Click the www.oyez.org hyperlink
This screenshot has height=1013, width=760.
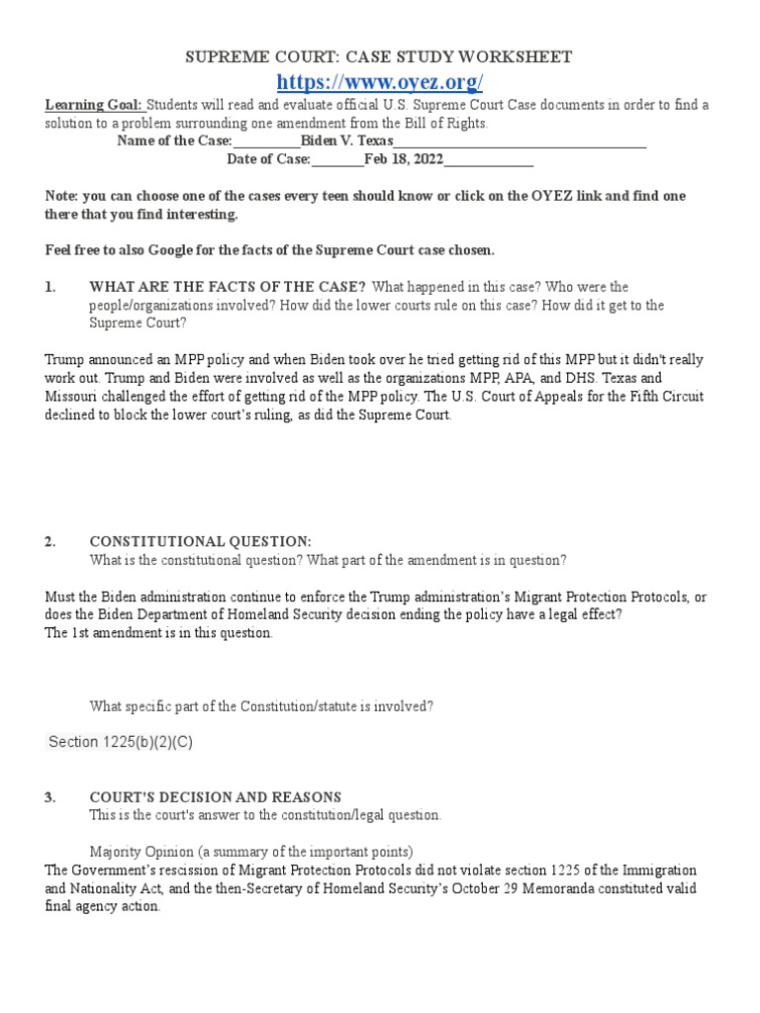tap(379, 81)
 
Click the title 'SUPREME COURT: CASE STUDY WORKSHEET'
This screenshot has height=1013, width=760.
tap(379, 57)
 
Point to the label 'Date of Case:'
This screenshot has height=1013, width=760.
tap(268, 159)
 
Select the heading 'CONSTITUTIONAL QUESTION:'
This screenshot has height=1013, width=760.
tap(200, 542)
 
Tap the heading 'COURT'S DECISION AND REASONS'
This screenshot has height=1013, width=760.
tap(215, 797)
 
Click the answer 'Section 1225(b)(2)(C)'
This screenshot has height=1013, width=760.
tap(121, 742)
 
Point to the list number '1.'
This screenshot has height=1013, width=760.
tap(51, 287)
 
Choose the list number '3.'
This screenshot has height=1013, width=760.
tap(51, 797)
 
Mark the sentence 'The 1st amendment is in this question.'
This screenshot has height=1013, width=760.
tap(159, 633)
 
